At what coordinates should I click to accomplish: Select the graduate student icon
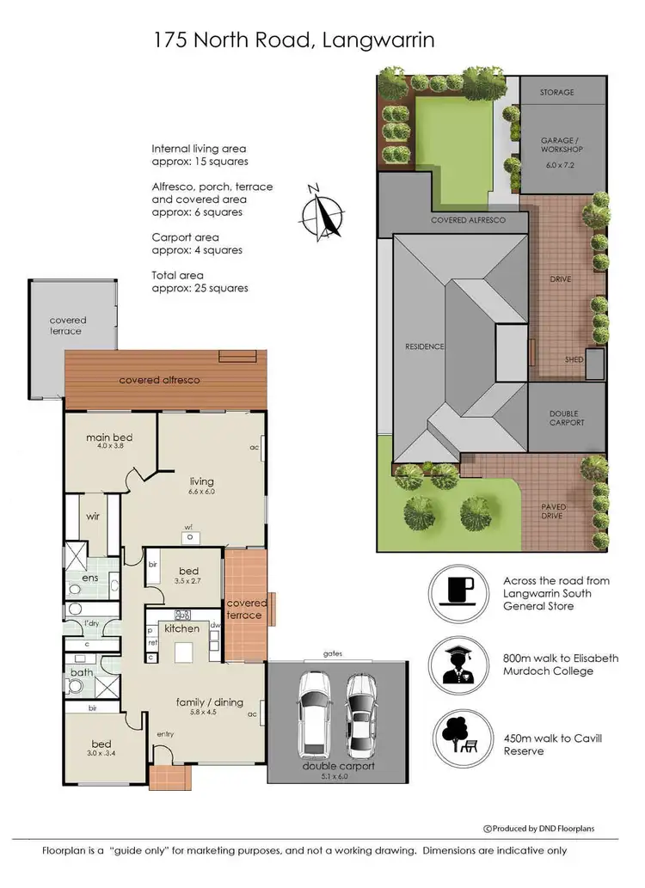pos(463,664)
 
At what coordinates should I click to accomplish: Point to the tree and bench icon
pos(463,735)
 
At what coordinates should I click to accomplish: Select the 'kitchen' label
pos(181,628)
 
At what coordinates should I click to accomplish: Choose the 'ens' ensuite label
pos(90,578)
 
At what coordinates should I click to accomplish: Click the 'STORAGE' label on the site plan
pos(556,92)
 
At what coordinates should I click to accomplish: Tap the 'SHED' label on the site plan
pos(574,359)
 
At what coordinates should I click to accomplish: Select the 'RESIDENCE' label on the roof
pos(425,346)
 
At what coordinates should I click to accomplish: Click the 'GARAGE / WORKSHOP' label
pos(562,144)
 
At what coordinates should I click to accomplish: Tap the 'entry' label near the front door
pos(165,733)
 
